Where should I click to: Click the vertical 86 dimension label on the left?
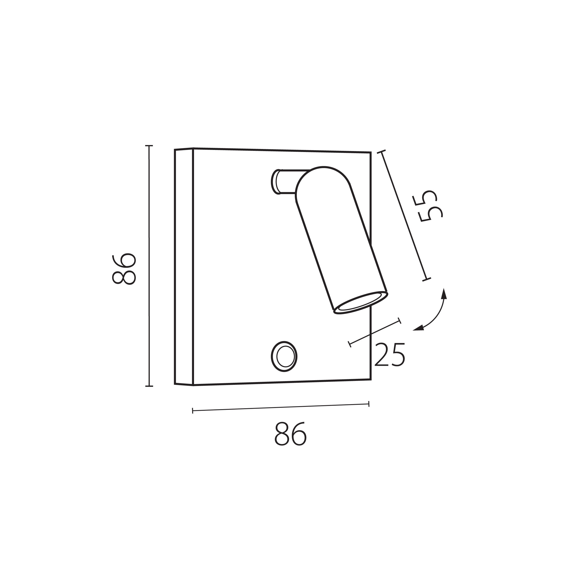(124, 269)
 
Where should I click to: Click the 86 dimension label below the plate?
(290, 434)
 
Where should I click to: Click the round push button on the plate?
(284, 356)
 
